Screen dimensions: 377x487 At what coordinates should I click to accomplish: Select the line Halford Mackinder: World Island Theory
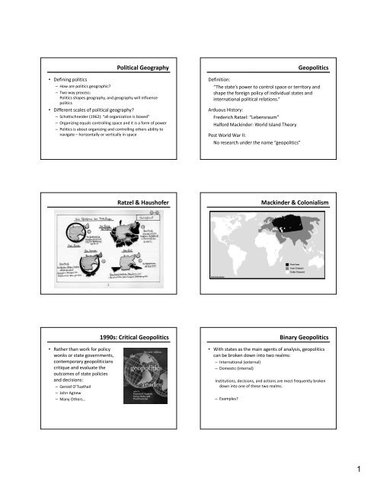tap(272, 130)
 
